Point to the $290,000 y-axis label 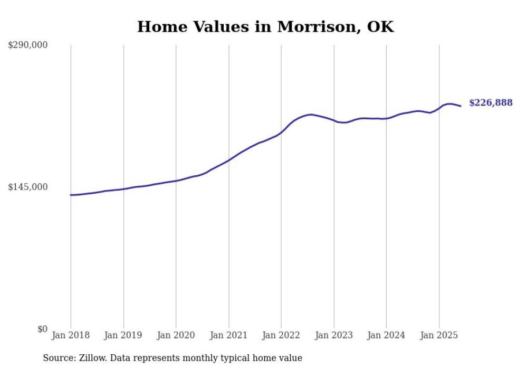[x=28, y=45]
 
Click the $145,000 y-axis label [x=28, y=187]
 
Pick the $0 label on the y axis [x=42, y=329]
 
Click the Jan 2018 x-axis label [x=71, y=335]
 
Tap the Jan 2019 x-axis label [x=123, y=335]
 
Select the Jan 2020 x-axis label [x=176, y=335]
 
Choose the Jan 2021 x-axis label [x=228, y=335]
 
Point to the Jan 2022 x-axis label [x=281, y=335]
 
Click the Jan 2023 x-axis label [x=333, y=335]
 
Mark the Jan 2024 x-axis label [x=386, y=335]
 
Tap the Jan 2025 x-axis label [x=439, y=335]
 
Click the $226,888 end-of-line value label [x=491, y=103]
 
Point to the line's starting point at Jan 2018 [x=71, y=195]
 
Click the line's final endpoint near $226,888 [x=461, y=106]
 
